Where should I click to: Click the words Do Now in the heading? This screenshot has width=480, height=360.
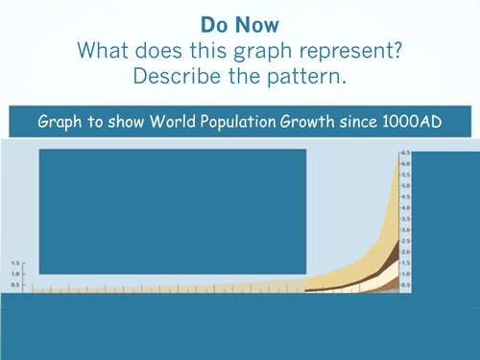(239, 21)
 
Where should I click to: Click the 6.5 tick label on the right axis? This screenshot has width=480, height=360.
(406, 154)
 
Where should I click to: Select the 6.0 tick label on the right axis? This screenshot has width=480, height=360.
(406, 164)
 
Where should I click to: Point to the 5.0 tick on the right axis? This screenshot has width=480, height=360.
(406, 186)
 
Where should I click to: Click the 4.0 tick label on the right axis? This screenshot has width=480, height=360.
(406, 208)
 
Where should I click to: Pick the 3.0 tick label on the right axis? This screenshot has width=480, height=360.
(406, 230)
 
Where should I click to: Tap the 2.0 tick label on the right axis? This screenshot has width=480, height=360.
(406, 252)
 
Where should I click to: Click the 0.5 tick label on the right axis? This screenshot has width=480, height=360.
(406, 285)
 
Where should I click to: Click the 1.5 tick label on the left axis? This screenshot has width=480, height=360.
(14, 263)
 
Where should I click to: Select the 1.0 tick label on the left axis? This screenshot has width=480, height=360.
(14, 274)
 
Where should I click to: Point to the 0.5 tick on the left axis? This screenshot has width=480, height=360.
(14, 285)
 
